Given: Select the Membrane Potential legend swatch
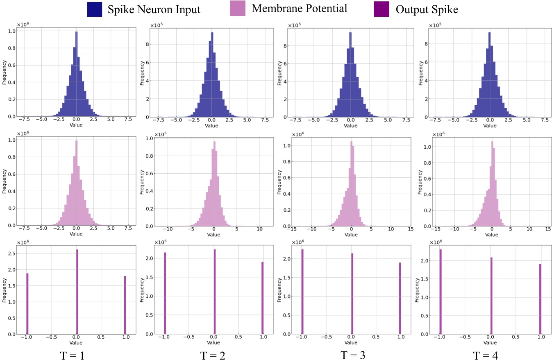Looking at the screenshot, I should coord(238,9).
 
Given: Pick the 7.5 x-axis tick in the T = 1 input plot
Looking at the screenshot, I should coord(128,120).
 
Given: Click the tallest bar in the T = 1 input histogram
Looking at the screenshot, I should coord(77,74).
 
